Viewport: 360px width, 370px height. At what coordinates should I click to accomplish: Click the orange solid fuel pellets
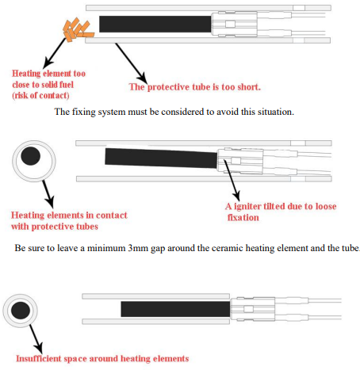pyautogui.click(x=78, y=30)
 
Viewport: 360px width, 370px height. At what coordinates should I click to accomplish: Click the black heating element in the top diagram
pyautogui.click(x=155, y=24)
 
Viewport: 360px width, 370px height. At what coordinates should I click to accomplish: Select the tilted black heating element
pyautogui.click(x=161, y=158)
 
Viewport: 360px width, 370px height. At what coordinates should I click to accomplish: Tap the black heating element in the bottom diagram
pyautogui.click(x=175, y=309)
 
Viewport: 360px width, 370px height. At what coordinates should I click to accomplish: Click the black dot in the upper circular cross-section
pyautogui.click(x=31, y=156)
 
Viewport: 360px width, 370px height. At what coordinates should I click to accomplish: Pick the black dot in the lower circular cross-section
pyautogui.click(x=21, y=311)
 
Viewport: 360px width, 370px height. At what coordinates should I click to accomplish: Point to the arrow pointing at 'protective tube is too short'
pyautogui.click(x=131, y=63)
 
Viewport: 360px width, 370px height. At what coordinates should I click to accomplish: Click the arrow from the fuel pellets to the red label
pyautogui.click(x=55, y=53)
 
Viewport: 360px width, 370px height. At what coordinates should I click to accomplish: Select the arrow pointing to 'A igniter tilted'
pyautogui.click(x=232, y=181)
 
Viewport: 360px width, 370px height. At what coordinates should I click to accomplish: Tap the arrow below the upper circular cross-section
pyautogui.click(x=48, y=194)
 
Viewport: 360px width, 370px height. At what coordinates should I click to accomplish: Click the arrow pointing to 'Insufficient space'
pyautogui.click(x=36, y=339)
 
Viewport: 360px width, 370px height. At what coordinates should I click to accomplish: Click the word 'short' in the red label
pyautogui.click(x=248, y=87)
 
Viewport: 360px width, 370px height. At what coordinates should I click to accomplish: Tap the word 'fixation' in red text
pyautogui.click(x=243, y=218)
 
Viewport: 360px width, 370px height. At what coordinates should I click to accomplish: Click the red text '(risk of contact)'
pyautogui.click(x=40, y=95)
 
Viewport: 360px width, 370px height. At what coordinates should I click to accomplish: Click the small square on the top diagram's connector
pyautogui.click(x=230, y=25)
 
